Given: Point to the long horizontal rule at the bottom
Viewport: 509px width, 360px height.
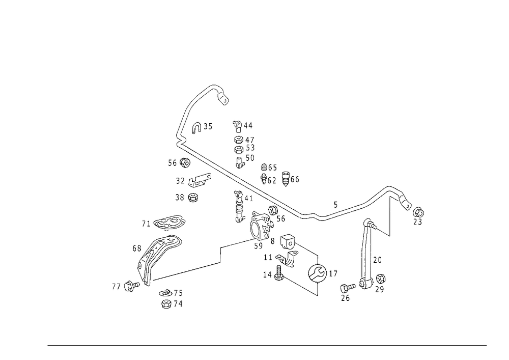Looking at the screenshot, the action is tap(267, 345).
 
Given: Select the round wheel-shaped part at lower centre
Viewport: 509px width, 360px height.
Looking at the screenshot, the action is tap(317, 272).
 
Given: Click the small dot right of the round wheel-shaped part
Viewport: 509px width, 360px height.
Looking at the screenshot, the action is tap(335, 274).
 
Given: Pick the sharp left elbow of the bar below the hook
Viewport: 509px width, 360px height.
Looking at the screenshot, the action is tap(179, 147).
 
